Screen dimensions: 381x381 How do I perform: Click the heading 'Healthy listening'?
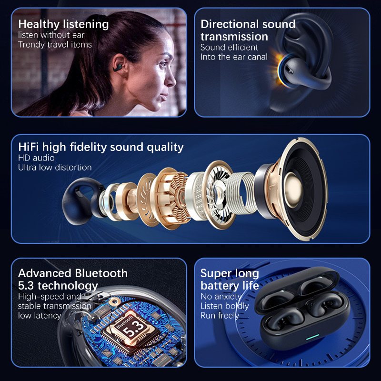pyautogui.click(x=63, y=25)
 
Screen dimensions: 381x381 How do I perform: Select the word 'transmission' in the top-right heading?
pyautogui.click(x=234, y=37)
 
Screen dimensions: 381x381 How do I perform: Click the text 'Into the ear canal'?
pyautogui.click(x=234, y=57)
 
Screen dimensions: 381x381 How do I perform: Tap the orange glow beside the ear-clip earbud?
pyautogui.click(x=277, y=67)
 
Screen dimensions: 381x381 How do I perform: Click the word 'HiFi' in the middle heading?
pyautogui.click(x=29, y=147)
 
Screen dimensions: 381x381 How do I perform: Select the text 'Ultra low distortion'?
pyautogui.click(x=55, y=168)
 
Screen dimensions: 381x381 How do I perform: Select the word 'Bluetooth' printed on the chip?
pyautogui.click(x=124, y=322)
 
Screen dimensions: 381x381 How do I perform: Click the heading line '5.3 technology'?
pyautogui.click(x=58, y=285)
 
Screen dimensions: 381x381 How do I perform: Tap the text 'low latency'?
pyautogui.click(x=40, y=315)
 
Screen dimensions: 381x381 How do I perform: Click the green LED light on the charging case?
pyautogui.click(x=312, y=337)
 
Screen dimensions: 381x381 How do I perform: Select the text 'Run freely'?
pyautogui.click(x=220, y=315)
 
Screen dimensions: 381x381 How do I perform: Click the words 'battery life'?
pyautogui.click(x=230, y=286)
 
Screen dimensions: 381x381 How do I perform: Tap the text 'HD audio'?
pyautogui.click(x=37, y=158)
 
